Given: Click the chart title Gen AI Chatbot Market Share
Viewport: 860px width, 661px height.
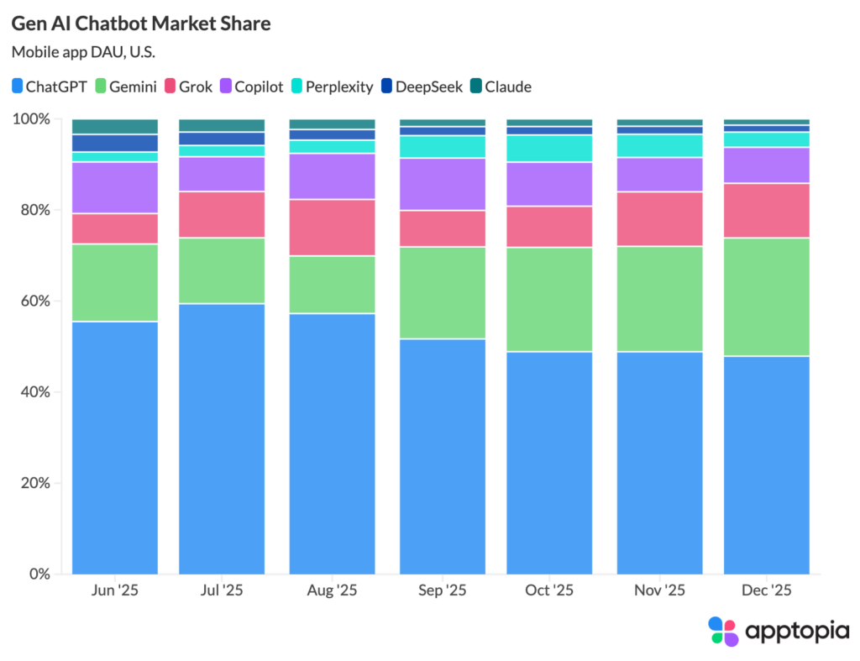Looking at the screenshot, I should click(141, 24).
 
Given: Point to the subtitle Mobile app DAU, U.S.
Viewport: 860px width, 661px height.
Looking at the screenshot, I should click(83, 52).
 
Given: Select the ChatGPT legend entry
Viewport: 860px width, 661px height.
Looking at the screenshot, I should click(50, 87).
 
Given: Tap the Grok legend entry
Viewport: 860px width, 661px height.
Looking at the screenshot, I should click(188, 87).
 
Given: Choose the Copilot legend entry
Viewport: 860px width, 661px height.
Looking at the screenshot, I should click(252, 87).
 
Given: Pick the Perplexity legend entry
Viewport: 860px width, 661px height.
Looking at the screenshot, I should click(331, 87).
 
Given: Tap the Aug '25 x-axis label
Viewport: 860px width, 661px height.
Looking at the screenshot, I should click(333, 590).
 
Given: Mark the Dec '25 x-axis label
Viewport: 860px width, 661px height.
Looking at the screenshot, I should click(767, 590).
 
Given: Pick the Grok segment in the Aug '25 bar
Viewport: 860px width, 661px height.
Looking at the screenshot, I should click(333, 228).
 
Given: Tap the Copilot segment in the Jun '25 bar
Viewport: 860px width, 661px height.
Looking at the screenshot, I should click(115, 187).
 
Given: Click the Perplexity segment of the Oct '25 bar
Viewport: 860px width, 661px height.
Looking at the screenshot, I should click(549, 148).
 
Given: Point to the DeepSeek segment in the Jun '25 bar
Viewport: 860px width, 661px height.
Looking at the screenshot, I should click(115, 143).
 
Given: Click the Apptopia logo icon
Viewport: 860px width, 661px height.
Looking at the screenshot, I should click(723, 631).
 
